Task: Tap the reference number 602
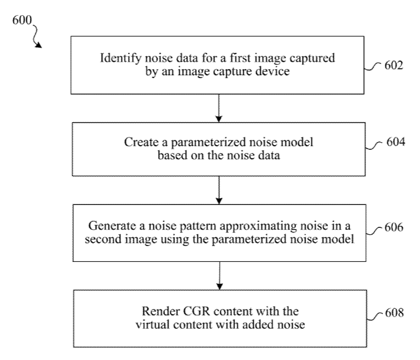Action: [x=393, y=65]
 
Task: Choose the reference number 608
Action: [x=393, y=313]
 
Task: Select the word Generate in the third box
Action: [x=109, y=226]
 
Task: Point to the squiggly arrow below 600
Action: [x=36, y=38]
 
